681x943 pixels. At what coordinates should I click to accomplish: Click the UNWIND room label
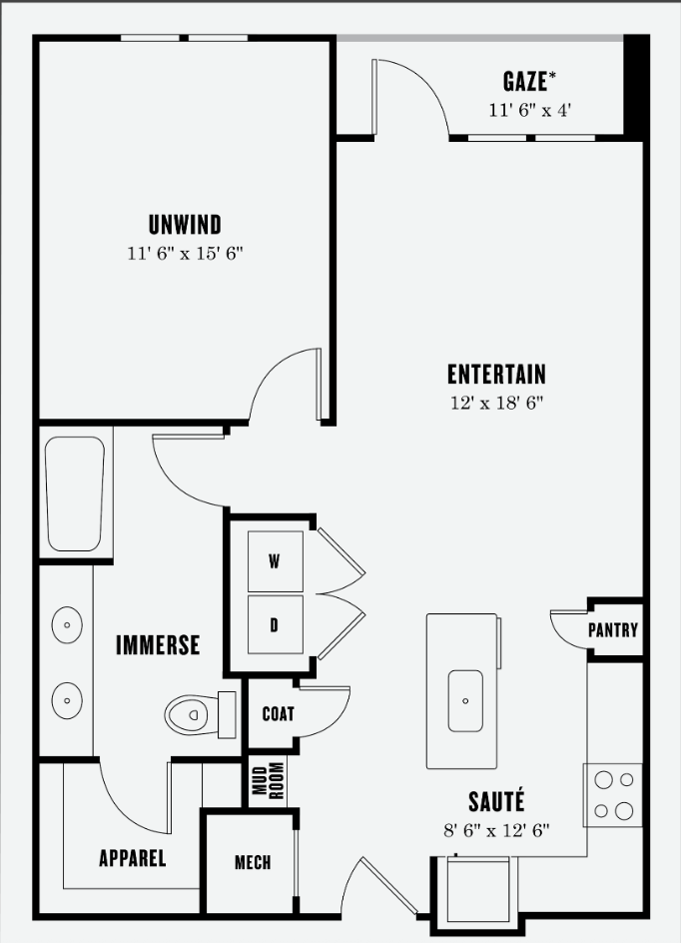(185, 225)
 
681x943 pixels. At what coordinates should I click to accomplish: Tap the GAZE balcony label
(529, 81)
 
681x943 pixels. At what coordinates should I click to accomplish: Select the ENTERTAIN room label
(496, 374)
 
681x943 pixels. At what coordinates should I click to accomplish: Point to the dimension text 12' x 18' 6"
(497, 403)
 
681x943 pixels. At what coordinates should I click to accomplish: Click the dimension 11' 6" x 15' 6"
(185, 253)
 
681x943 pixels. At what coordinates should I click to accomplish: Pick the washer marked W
(276, 561)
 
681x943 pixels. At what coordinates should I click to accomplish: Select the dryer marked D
(276, 624)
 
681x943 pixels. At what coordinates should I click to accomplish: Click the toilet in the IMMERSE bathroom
(200, 714)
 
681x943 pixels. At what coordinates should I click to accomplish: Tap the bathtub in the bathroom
(75, 493)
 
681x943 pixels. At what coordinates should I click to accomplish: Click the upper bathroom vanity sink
(67, 624)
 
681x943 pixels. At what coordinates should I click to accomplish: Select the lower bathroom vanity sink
(67, 700)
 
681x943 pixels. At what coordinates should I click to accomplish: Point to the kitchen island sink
(465, 700)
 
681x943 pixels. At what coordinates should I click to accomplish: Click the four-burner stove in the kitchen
(613, 795)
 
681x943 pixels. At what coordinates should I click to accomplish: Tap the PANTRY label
(612, 630)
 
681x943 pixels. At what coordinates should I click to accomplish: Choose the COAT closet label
(279, 714)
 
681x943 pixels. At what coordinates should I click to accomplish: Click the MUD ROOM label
(268, 780)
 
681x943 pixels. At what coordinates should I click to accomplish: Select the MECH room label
(253, 862)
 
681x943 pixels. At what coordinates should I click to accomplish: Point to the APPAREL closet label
(132, 858)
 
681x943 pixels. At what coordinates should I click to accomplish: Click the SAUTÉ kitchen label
(496, 802)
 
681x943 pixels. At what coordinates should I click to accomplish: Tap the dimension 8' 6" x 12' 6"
(496, 830)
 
